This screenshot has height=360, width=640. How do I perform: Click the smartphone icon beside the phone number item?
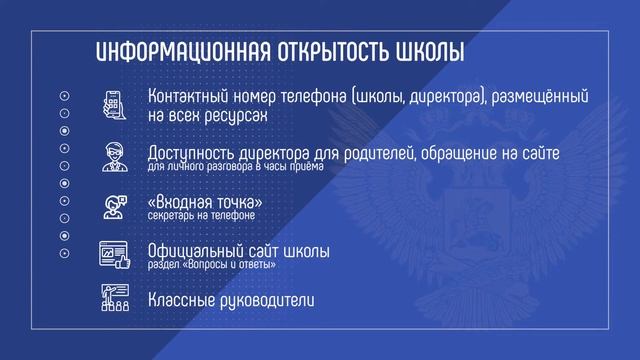point(116,106)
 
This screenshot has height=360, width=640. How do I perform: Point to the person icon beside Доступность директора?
point(116,157)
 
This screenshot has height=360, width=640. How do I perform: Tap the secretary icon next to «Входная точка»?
point(116,206)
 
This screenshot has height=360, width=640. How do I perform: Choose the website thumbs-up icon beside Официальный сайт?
point(116,255)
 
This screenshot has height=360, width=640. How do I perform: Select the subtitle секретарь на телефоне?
point(201,216)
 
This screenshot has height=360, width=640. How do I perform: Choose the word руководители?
point(277,299)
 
